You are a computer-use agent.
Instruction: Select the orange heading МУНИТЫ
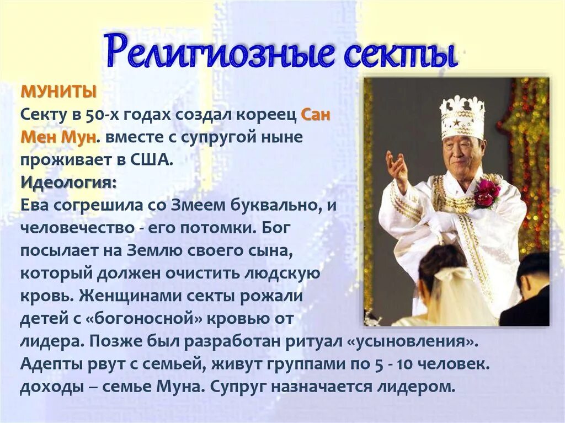(x=58, y=92)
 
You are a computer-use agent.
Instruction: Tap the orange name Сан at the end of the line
(x=316, y=115)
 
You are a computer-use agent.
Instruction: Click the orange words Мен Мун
(x=58, y=137)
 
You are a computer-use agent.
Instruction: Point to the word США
(x=152, y=160)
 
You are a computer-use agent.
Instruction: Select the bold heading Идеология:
(x=68, y=183)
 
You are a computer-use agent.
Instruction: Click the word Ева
(x=36, y=205)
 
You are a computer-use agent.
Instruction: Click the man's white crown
(x=462, y=117)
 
